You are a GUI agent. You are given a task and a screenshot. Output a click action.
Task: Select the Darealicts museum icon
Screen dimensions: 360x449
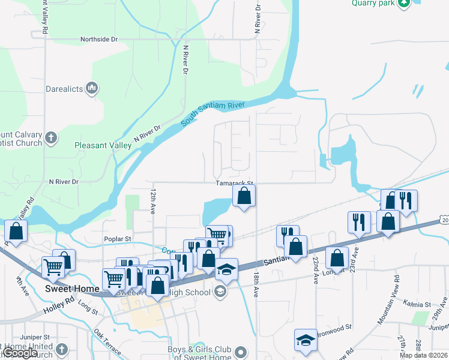click(92, 89)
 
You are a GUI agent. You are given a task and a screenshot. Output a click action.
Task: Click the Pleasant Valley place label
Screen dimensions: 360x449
click(103, 145)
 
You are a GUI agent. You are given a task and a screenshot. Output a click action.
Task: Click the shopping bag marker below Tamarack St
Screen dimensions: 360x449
click(244, 196)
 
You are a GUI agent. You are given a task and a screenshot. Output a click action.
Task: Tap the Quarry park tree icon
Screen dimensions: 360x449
click(405, 3)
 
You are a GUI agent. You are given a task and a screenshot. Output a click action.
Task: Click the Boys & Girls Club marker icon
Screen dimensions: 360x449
click(241, 352)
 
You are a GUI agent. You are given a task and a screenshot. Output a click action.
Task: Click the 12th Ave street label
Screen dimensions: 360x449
click(153, 200)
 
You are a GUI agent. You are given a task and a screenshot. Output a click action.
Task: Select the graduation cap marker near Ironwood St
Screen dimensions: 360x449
click(306, 339)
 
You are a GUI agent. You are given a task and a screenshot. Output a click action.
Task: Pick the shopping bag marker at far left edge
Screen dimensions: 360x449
click(16, 230)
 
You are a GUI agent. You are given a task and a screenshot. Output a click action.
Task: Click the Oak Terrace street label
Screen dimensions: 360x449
click(107, 343)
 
